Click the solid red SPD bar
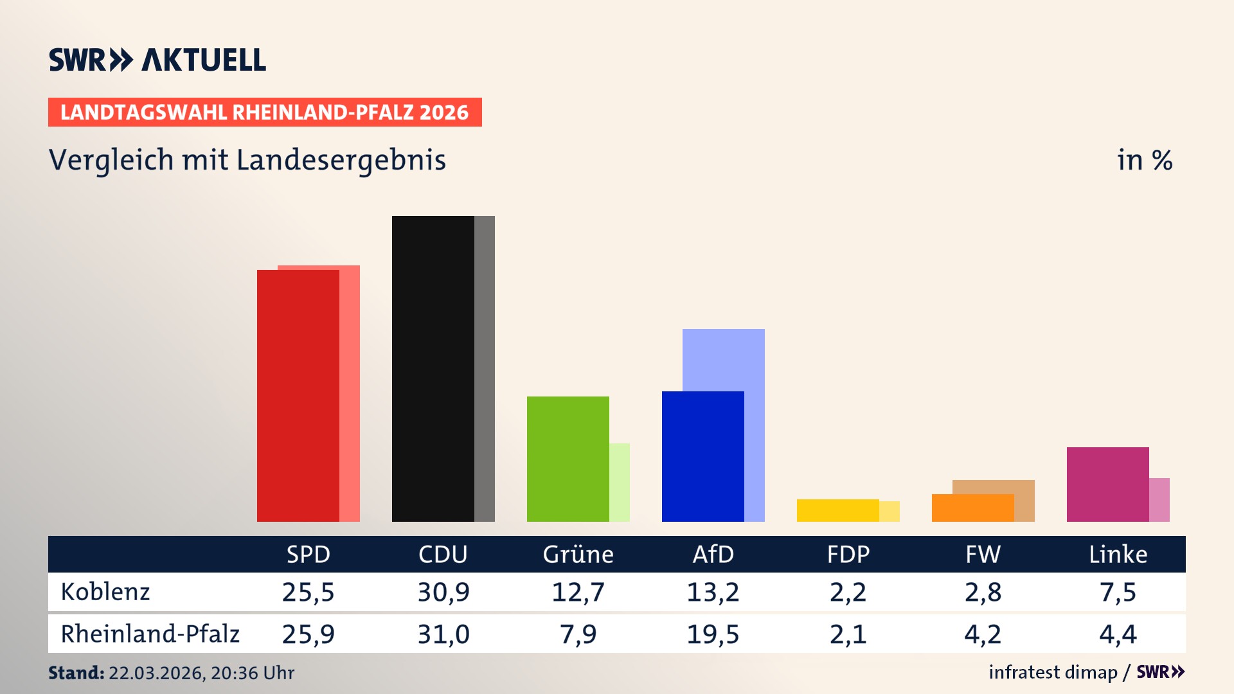[298, 395]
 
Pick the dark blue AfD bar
[702, 456]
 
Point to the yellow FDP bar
[837, 510]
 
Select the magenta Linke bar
[1107, 484]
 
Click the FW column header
[983, 555]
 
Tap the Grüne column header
[578, 555]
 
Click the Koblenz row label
[105, 592]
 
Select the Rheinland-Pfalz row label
[150, 634]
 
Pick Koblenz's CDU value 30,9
[443, 592]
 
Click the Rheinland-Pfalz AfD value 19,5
[713, 634]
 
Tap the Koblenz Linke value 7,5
[1118, 592]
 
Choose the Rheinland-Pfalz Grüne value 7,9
[578, 634]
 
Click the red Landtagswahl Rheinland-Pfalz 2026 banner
[265, 112]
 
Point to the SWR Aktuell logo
[157, 60]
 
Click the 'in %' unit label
[1144, 160]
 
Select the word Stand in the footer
[76, 673]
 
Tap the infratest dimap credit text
[1053, 672]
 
